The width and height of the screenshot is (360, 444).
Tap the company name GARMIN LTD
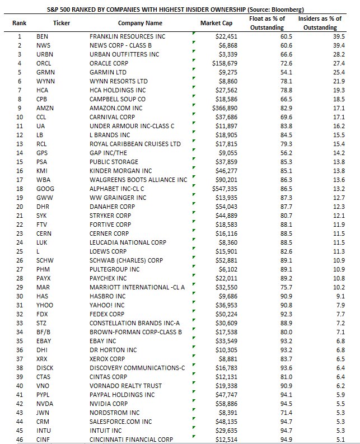click(109, 72)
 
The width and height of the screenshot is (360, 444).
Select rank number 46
click(20, 440)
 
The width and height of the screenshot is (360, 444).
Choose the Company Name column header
click(140, 23)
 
